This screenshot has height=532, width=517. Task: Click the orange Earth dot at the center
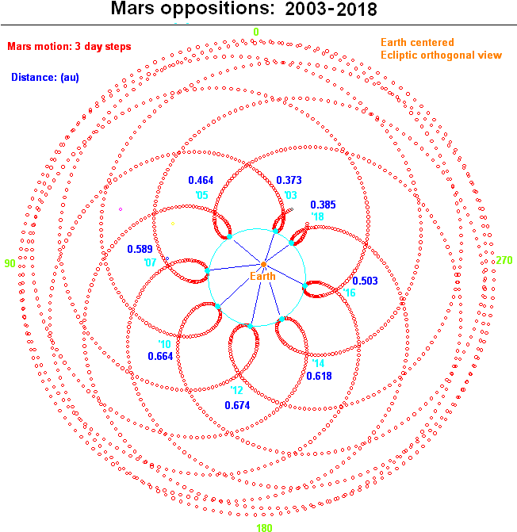(x=263, y=264)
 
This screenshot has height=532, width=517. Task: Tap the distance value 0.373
(x=289, y=180)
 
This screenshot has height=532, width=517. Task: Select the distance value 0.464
(x=201, y=180)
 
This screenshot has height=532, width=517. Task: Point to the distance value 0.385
(x=323, y=205)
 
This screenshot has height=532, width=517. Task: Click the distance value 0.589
(x=140, y=249)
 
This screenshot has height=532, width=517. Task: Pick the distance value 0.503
(x=365, y=281)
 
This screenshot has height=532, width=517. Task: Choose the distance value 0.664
(x=160, y=356)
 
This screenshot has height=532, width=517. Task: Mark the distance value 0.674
(x=237, y=405)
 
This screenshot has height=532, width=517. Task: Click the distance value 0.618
(x=319, y=376)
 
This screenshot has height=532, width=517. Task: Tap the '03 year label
(x=290, y=195)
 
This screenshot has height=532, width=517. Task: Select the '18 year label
(x=317, y=216)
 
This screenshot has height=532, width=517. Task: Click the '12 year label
(x=237, y=390)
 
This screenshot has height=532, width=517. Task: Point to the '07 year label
(x=150, y=262)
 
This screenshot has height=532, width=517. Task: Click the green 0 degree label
(x=256, y=32)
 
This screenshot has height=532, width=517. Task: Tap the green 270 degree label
(x=504, y=260)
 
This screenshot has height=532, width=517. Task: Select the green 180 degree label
(x=264, y=527)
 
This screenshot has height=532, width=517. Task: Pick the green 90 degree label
(x=10, y=263)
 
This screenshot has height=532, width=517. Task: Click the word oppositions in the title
(x=217, y=9)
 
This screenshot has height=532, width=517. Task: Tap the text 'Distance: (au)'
(x=45, y=78)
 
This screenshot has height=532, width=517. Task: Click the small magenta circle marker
(x=121, y=209)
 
